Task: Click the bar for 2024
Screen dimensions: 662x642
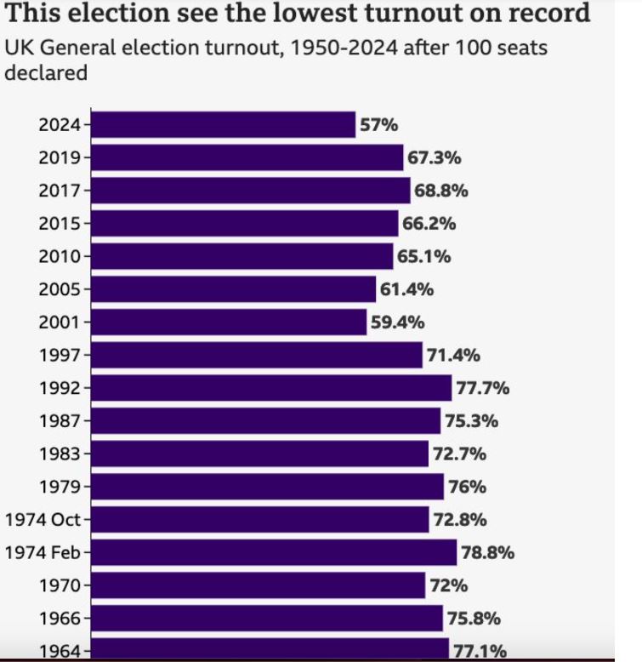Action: [x=223, y=124]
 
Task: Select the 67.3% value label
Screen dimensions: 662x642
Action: [x=435, y=157]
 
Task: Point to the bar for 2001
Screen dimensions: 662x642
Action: [x=229, y=322]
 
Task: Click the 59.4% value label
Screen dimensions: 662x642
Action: [x=397, y=322]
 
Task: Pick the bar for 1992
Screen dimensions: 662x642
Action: [x=271, y=388]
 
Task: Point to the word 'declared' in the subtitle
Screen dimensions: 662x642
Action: [x=47, y=72]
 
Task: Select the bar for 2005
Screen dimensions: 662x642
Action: [x=233, y=289]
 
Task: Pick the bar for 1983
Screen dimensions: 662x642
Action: [x=259, y=454]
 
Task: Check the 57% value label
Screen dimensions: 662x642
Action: [x=378, y=124]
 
